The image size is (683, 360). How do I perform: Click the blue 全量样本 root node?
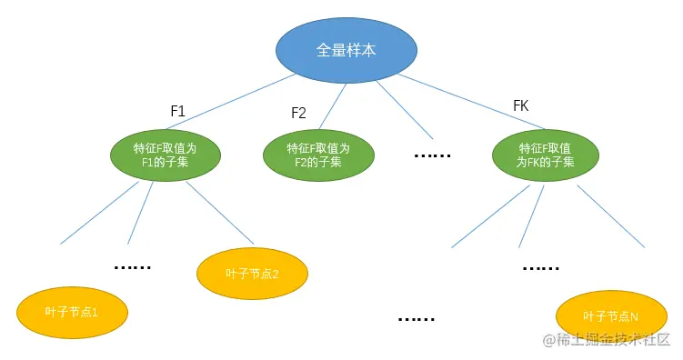click(x=346, y=51)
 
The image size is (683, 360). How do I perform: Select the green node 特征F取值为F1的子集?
click(x=166, y=155)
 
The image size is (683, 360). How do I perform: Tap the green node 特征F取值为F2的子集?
click(x=319, y=155)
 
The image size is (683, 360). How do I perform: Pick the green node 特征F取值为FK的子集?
click(x=545, y=155)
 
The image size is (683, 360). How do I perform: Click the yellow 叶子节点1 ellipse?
click(x=72, y=312)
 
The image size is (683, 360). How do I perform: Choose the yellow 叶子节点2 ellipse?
click(x=252, y=273)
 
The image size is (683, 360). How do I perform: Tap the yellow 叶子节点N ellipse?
click(x=610, y=315)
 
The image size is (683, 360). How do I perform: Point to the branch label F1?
click(x=178, y=111)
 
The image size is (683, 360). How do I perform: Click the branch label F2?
click(x=298, y=113)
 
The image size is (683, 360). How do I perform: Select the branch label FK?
click(x=520, y=106)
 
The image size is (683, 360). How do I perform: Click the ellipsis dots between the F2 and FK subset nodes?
click(x=431, y=155)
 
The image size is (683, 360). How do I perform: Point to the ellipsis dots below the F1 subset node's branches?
click(x=132, y=267)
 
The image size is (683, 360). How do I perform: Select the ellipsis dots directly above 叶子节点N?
click(x=542, y=269)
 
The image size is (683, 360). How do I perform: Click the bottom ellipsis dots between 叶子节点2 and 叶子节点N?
click(x=417, y=319)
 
